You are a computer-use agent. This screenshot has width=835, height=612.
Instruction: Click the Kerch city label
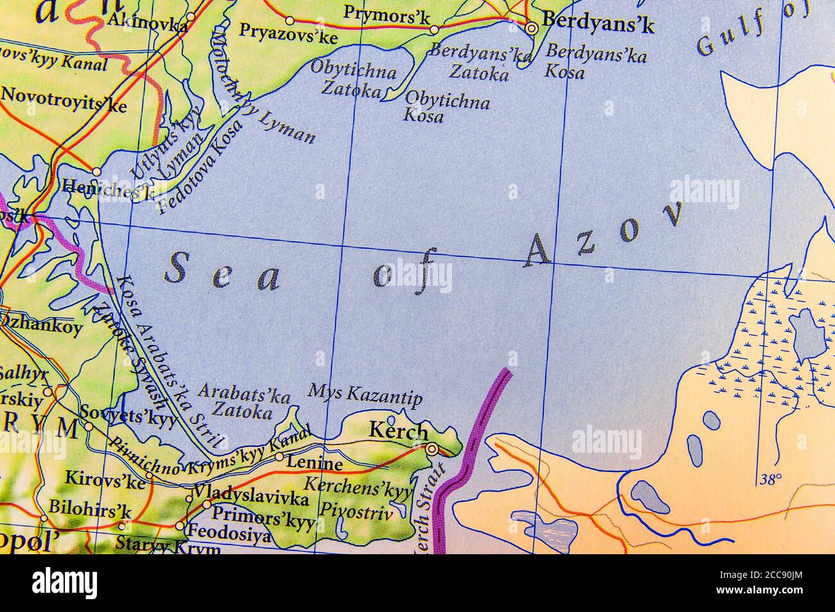pyautogui.click(x=398, y=431)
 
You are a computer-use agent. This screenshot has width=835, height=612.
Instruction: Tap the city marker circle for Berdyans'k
pyautogui.click(x=532, y=28)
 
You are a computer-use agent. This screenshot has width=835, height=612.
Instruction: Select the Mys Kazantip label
pyautogui.click(x=365, y=395)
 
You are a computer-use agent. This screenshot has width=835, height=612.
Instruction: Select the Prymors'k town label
pyautogui.click(x=387, y=15)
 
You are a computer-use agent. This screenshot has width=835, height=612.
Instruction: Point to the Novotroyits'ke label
pyautogui.click(x=64, y=100)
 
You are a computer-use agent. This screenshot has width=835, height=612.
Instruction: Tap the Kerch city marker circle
pyautogui.click(x=432, y=448)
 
